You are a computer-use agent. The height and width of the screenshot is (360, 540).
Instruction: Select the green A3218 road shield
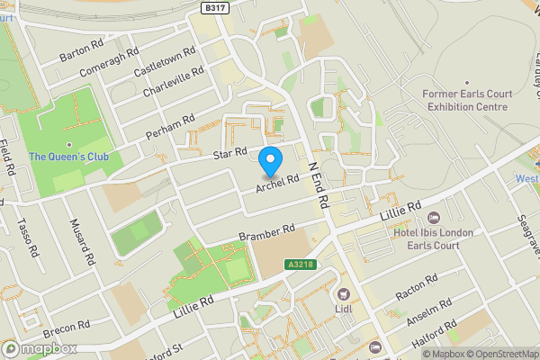(301, 265)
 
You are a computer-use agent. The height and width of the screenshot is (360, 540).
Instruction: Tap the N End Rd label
(318, 179)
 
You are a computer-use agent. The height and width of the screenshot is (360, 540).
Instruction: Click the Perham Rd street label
(170, 127)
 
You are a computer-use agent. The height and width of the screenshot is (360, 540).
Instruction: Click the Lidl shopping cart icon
(342, 294)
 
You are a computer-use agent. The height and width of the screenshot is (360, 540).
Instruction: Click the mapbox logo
(40, 348)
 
